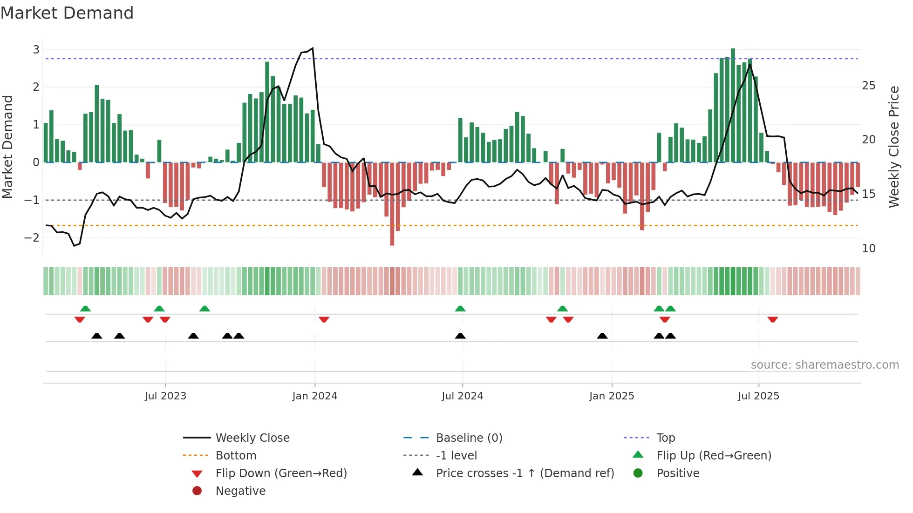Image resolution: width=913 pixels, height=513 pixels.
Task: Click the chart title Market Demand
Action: click(67, 13)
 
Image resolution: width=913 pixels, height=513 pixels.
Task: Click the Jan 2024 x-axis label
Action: click(314, 396)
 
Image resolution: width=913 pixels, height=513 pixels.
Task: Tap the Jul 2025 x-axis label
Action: click(758, 396)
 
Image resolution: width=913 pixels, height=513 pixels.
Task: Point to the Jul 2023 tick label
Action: click(165, 396)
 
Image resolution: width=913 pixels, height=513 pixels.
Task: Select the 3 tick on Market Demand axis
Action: click(36, 49)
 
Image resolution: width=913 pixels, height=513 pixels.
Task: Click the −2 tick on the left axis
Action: click(32, 237)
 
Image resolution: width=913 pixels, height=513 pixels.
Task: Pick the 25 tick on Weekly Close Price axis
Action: click(868, 86)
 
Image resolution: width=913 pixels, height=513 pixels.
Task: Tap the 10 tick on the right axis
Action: click(868, 249)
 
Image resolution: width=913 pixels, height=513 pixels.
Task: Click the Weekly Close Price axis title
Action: click(893, 147)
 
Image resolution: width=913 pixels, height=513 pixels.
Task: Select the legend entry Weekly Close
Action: click(252, 438)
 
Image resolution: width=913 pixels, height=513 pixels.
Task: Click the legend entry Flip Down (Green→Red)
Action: click(281, 473)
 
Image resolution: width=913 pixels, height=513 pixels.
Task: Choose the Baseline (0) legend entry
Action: click(469, 438)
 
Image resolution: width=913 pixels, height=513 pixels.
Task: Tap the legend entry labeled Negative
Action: click(240, 491)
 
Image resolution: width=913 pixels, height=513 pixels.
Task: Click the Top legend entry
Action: click(665, 438)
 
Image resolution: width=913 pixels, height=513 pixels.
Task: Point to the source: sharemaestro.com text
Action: click(824, 365)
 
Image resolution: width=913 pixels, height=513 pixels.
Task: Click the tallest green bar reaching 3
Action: click(733, 105)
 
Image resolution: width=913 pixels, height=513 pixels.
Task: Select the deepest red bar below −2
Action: click(392, 205)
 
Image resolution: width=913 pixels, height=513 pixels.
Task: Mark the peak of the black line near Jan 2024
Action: click(313, 48)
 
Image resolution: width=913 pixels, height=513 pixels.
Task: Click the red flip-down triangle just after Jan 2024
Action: click(324, 319)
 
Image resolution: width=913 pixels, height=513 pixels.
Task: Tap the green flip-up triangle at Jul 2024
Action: click(460, 309)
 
